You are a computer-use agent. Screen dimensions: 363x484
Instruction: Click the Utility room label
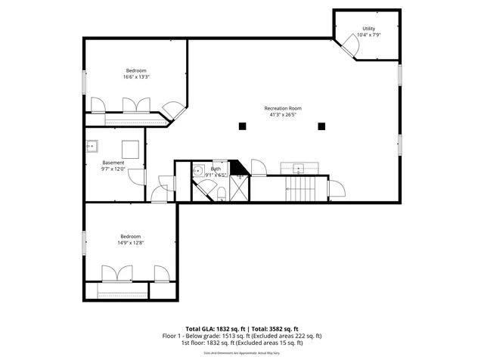click(368, 29)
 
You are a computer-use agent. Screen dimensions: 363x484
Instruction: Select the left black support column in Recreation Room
click(241, 126)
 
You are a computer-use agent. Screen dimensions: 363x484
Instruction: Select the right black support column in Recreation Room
click(321, 126)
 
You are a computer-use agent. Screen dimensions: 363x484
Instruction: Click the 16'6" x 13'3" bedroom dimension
click(136, 76)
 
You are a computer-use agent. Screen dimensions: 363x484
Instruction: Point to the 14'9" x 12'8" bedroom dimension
click(130, 243)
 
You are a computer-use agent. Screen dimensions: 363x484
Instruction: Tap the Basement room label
click(113, 163)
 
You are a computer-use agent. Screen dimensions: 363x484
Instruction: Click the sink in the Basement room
click(91, 147)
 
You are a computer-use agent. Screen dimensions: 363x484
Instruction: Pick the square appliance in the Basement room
click(131, 148)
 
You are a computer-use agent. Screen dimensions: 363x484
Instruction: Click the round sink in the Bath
click(198, 171)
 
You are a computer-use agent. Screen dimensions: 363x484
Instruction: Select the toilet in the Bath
click(221, 194)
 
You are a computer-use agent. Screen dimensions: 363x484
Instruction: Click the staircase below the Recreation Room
click(300, 188)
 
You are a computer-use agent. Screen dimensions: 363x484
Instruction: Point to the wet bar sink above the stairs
click(299, 168)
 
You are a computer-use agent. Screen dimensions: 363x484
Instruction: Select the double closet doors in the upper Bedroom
click(132, 105)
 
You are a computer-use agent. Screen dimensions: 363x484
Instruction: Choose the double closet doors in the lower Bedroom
click(118, 273)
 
